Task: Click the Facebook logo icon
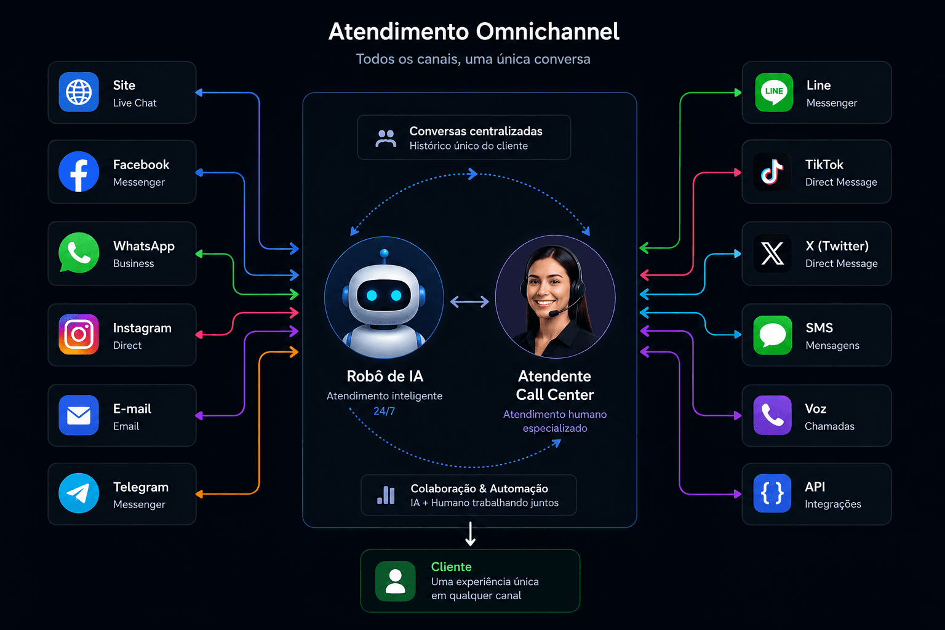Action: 79,172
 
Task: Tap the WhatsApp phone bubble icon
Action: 79,253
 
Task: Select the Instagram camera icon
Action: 79,334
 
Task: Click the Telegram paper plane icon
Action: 79,493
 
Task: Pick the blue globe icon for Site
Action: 79,92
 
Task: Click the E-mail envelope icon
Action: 79,415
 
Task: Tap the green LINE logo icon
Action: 774,92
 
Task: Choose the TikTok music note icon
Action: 772,172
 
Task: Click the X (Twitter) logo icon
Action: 772,253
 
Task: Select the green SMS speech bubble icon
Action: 773,335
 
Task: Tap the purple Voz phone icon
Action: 773,415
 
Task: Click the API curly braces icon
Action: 773,493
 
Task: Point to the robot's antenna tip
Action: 384,253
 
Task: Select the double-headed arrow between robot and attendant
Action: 469,301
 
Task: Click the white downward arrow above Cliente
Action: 471,534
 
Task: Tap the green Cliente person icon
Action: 396,581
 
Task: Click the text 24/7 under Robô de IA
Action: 384,411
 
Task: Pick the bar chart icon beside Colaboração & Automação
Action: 386,495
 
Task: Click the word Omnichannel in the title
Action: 548,31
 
